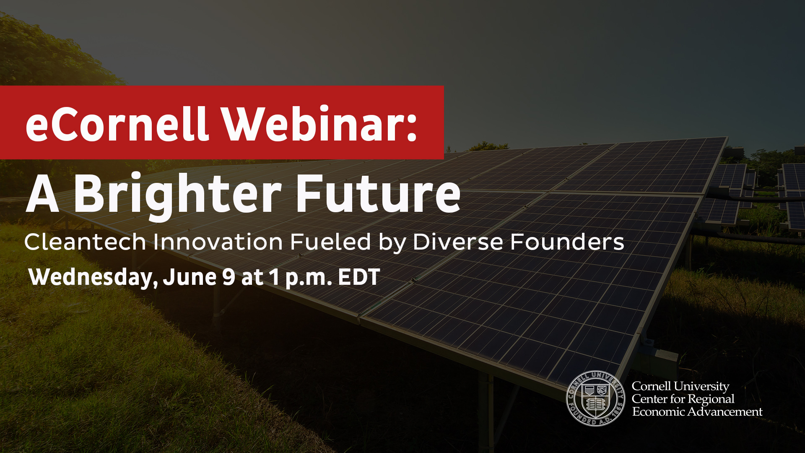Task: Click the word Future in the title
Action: point(378,193)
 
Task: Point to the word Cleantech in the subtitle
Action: point(85,242)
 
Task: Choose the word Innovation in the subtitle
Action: point(218,242)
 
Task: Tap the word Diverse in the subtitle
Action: point(457,242)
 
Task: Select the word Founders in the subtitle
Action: point(567,242)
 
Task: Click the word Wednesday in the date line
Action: point(93,278)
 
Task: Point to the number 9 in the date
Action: point(229,277)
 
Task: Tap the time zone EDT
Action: point(359,277)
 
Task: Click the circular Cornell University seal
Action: point(595,398)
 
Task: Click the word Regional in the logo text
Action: point(712,399)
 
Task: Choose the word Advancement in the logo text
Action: point(725,412)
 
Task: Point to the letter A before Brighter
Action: point(42,193)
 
